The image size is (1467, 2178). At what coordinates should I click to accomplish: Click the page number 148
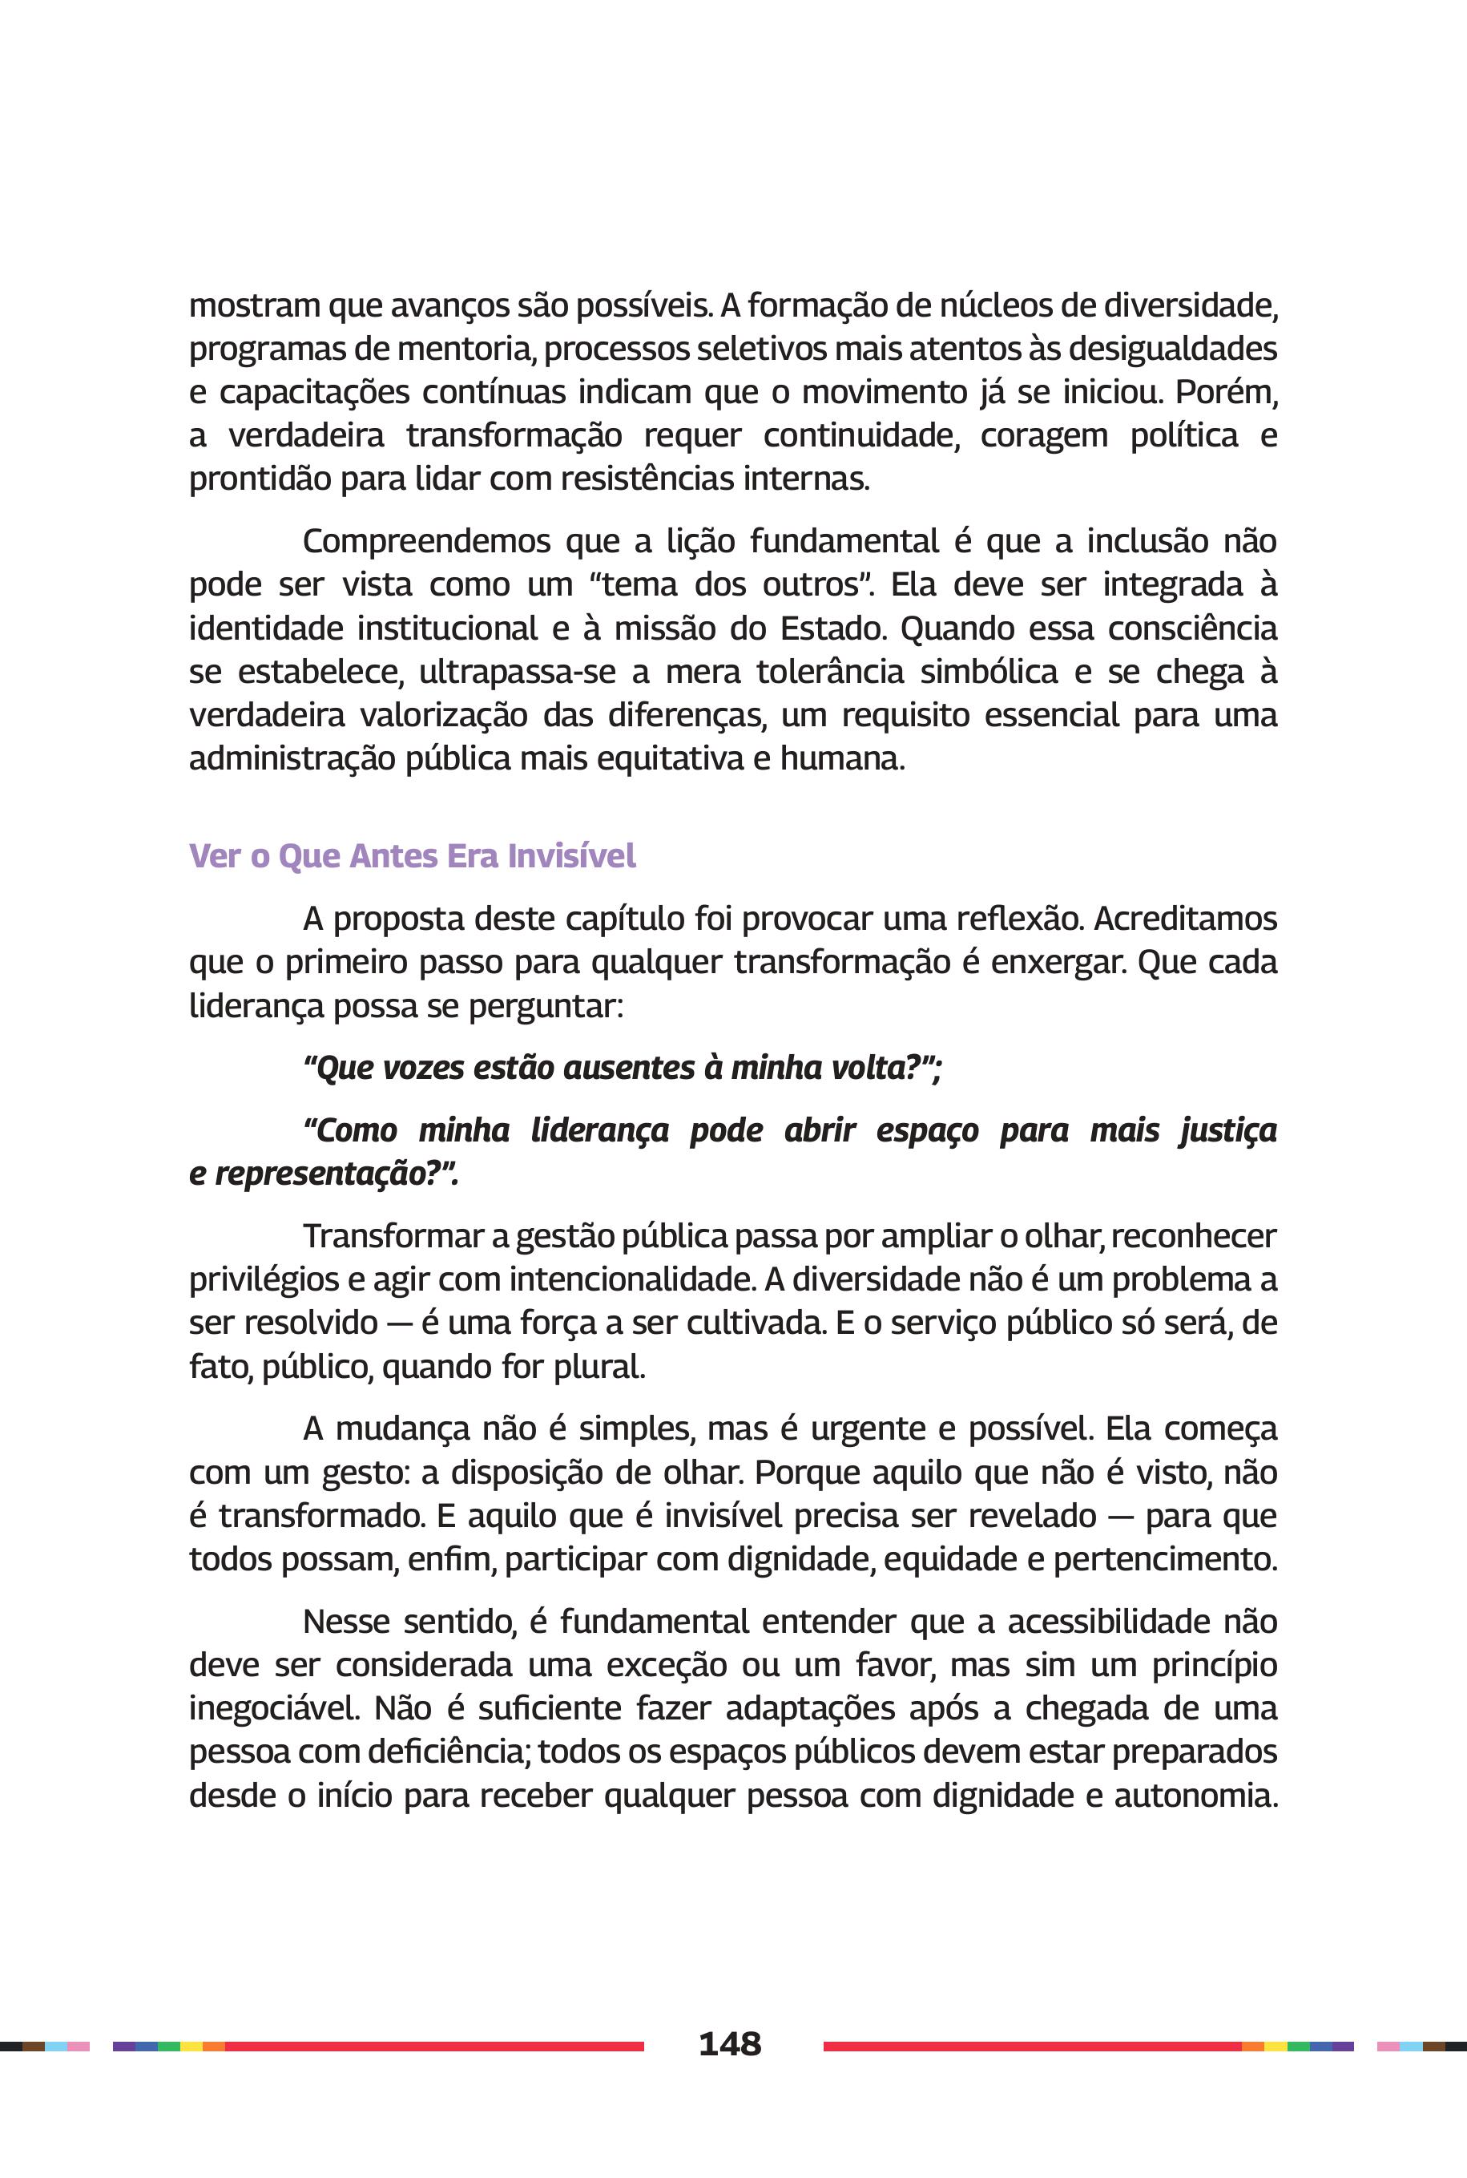[x=730, y=2044]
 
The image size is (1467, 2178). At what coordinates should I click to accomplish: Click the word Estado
[x=832, y=628]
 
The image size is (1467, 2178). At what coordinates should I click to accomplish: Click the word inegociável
[x=274, y=1709]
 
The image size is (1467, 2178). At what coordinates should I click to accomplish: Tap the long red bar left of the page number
[x=434, y=2046]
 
